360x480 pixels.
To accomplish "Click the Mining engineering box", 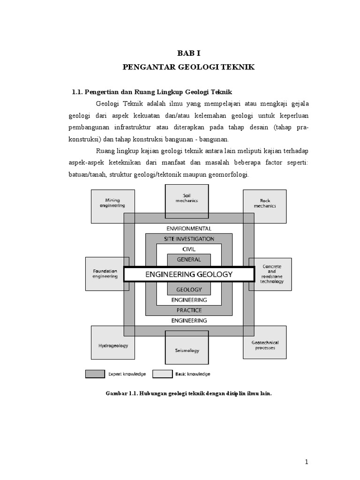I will (x=112, y=206).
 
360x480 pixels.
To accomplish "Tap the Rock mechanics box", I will (x=265, y=206).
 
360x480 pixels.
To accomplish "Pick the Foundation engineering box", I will (x=105, y=274).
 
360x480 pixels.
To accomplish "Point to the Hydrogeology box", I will (x=113, y=345).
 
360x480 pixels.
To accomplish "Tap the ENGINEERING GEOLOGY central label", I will (x=189, y=275).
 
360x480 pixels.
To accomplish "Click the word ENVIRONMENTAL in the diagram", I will (x=189, y=229).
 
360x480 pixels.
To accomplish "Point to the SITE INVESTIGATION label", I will (x=189, y=239).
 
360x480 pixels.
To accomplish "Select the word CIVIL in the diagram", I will (x=189, y=249).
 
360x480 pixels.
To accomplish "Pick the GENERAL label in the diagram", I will (x=189, y=259).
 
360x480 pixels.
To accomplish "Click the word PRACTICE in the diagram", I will (x=189, y=310).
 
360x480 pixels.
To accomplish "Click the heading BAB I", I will (x=188, y=54).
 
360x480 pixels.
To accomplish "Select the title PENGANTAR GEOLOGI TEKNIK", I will (x=188, y=67).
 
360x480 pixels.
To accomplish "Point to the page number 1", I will (x=307, y=462).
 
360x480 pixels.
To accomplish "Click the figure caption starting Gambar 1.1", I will (x=188, y=394).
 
